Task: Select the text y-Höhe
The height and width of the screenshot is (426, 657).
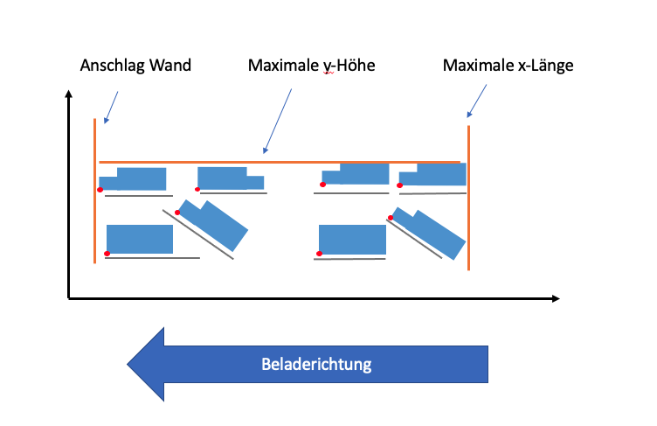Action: pyautogui.click(x=346, y=66)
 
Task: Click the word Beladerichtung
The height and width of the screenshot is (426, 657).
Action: pyautogui.click(x=316, y=364)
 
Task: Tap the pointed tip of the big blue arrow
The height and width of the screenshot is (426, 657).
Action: pyautogui.click(x=129, y=363)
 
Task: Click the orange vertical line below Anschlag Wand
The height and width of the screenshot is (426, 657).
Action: pyautogui.click(x=94, y=192)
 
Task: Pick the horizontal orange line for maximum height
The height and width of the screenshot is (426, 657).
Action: pyautogui.click(x=280, y=162)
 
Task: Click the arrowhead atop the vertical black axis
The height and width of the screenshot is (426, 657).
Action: pyautogui.click(x=69, y=94)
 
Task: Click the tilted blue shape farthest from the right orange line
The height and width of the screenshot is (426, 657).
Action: pyautogui.click(x=214, y=224)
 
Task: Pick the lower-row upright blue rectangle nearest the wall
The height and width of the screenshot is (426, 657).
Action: pyautogui.click(x=140, y=239)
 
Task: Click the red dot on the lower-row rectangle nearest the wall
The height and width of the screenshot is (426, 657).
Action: pyautogui.click(x=107, y=254)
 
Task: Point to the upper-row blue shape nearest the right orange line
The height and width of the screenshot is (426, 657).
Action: pyautogui.click(x=433, y=174)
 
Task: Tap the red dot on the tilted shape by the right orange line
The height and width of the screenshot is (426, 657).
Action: pyautogui.click(x=390, y=218)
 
